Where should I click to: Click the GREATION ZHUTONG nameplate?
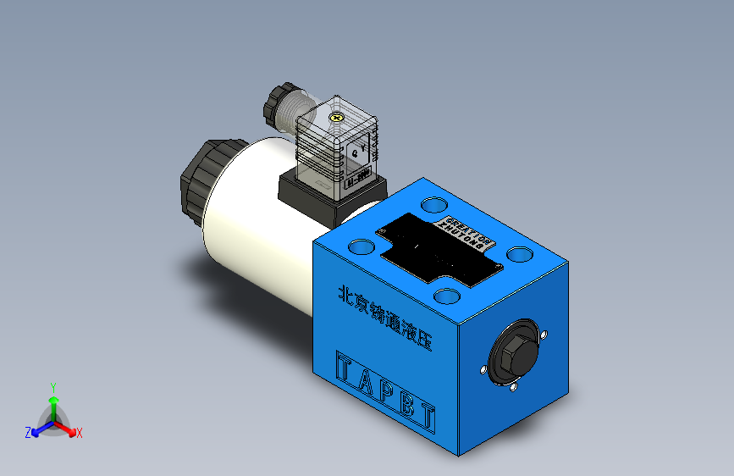[x=466, y=234]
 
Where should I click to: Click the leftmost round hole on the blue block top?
[x=361, y=246]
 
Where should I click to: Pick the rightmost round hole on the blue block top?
[x=518, y=254]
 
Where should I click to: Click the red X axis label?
[x=80, y=434]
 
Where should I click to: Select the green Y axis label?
[x=52, y=386]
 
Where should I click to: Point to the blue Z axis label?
[x=28, y=432]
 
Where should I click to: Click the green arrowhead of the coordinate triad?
[x=52, y=400]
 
